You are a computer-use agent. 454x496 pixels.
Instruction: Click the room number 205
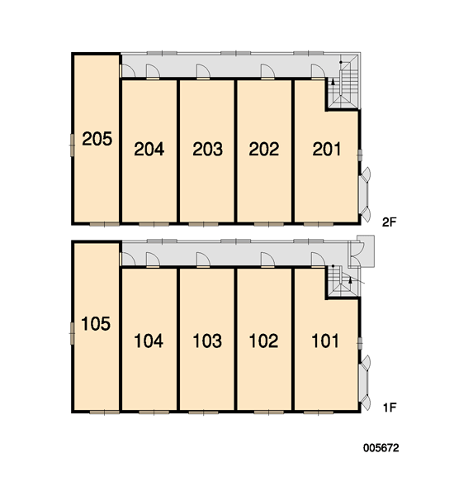pos(97,139)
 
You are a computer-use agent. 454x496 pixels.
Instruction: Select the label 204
pos(149,149)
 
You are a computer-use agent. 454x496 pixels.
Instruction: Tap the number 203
pos(207,149)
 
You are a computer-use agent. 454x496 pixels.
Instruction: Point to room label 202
pos(264,149)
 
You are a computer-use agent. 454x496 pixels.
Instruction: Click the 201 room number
pos(327,149)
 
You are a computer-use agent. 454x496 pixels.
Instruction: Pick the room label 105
pos(96,324)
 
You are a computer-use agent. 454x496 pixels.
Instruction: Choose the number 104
pos(149,341)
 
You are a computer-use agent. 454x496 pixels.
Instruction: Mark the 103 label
pos(207,341)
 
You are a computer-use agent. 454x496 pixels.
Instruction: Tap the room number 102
pos(263,341)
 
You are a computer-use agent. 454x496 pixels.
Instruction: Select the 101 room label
pos(325,341)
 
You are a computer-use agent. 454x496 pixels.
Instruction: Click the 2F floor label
pos(389,222)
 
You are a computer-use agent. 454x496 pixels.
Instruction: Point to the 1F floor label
pos(390,408)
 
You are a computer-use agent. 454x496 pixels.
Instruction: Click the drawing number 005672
pos(381,448)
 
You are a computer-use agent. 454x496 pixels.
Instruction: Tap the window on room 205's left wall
pos(72,145)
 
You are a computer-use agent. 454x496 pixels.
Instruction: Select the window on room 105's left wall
pos(72,333)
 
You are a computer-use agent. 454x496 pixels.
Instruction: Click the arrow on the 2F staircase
pos(333,83)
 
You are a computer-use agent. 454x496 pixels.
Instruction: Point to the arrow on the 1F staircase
pos(350,280)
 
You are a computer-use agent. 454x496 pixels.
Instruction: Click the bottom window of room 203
pos(203,224)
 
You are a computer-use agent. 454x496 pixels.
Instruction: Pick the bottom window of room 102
pos(269,413)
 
